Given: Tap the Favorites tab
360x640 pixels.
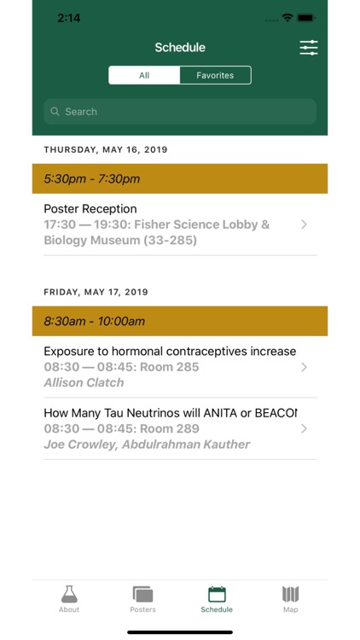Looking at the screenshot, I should (x=215, y=75).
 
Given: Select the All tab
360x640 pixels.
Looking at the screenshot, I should (x=144, y=75).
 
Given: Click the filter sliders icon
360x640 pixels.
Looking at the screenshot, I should (x=308, y=48).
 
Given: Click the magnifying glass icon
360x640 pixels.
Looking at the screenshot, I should (x=55, y=112).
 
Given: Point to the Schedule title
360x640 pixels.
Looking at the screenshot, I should (x=180, y=48).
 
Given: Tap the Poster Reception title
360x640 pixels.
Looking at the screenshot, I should (x=90, y=209).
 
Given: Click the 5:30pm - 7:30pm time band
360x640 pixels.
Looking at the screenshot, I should (x=180, y=178).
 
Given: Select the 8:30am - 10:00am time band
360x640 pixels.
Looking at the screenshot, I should (x=180, y=321).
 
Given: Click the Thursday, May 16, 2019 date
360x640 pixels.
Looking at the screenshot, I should (x=106, y=149).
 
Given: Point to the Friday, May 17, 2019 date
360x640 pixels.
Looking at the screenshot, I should (x=96, y=292).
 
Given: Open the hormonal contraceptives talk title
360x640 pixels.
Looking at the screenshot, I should (x=170, y=351).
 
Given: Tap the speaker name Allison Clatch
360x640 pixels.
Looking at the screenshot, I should (x=84, y=382).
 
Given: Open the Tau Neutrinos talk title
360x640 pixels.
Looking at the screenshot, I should (x=170, y=413).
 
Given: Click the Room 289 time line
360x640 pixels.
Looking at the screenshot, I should (x=121, y=428).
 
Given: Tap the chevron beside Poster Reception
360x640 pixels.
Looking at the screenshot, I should (x=305, y=224).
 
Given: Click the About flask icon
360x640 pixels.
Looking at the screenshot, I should (x=69, y=594).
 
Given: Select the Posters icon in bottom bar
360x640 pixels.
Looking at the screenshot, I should (x=142, y=594).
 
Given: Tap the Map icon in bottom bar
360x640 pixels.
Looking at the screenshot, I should (x=291, y=594).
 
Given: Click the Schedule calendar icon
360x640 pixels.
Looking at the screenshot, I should (x=217, y=594).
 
